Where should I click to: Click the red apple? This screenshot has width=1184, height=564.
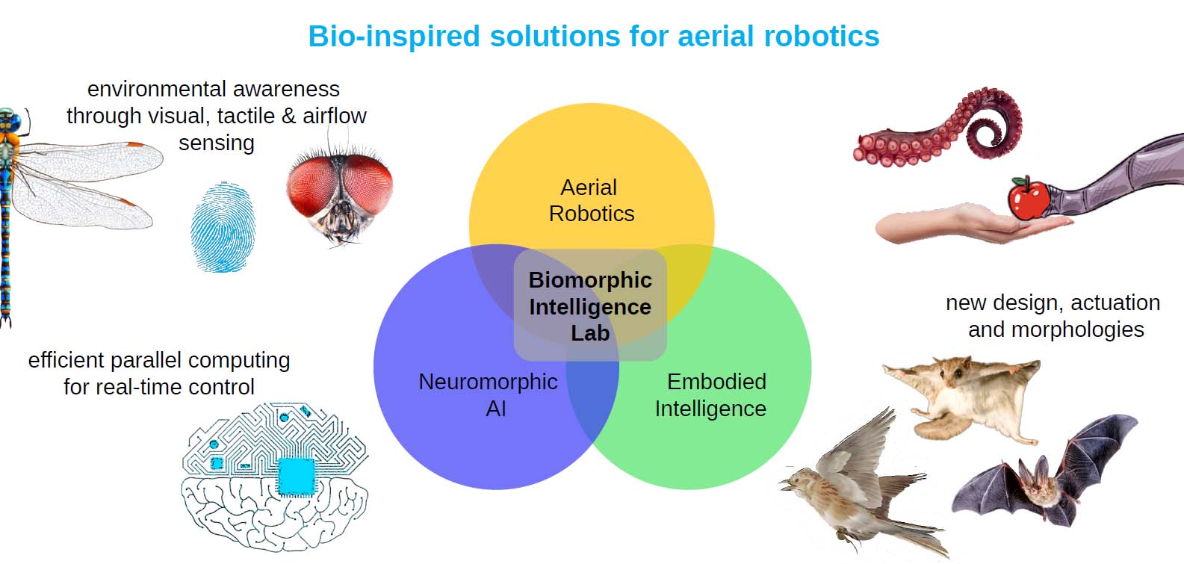click(x=1028, y=198)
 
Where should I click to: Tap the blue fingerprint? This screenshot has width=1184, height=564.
click(x=223, y=227)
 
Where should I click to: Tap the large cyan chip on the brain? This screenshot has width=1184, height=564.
click(x=296, y=477)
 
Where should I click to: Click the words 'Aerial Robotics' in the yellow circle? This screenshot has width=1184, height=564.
click(x=591, y=201)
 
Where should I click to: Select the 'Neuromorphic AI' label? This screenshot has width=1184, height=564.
click(x=488, y=395)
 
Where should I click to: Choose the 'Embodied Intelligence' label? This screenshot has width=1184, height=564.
click(x=711, y=395)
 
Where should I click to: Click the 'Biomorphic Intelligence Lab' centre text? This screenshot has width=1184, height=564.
click(x=590, y=306)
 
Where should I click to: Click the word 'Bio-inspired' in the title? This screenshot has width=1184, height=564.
click(x=394, y=37)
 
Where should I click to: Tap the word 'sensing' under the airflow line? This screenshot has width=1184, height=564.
click(x=217, y=143)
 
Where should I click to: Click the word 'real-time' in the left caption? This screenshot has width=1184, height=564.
click(x=140, y=387)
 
